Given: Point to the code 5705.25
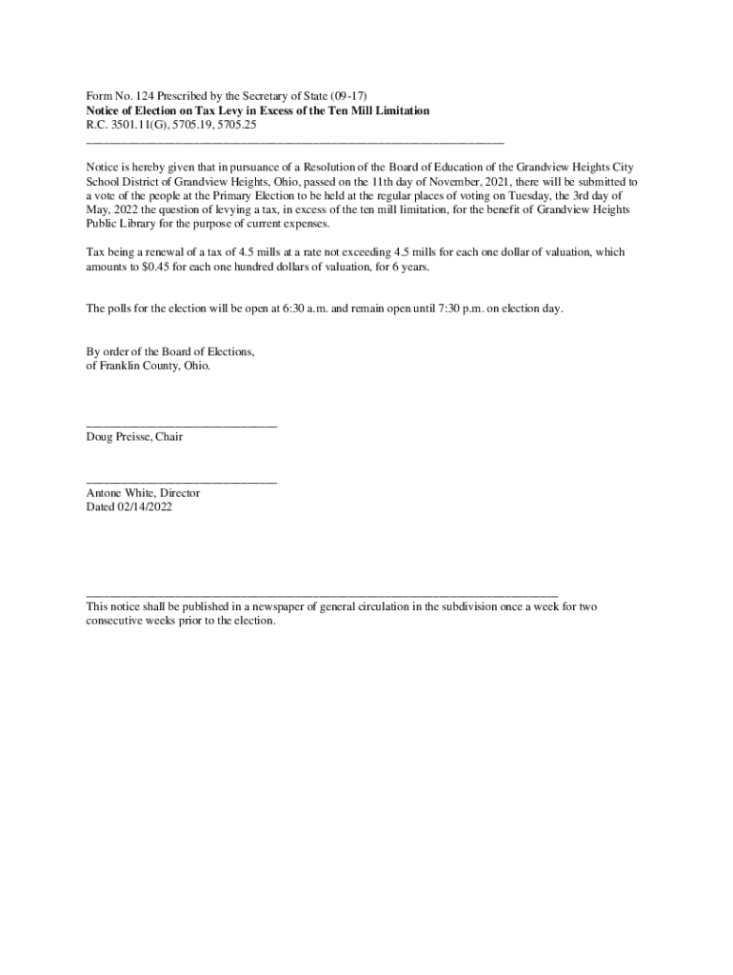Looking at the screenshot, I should (234, 125).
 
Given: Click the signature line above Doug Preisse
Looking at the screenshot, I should (181, 426).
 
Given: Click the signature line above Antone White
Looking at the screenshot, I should (181, 483).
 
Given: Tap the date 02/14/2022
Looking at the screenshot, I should (145, 507).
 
